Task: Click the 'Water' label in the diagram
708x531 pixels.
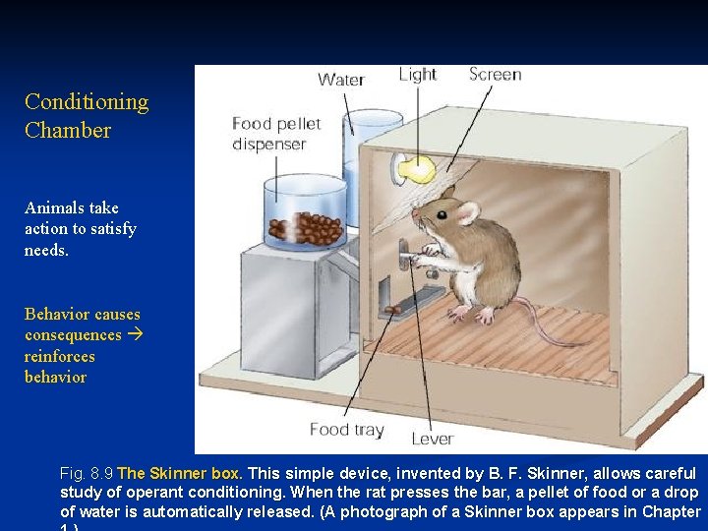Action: [x=340, y=80]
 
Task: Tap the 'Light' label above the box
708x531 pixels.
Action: [x=418, y=75]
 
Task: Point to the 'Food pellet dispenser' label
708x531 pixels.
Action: [x=276, y=134]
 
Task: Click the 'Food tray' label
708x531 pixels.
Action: [x=347, y=430]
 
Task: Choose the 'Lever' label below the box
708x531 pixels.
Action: [x=432, y=439]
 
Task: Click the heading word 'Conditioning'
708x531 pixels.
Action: [x=87, y=102]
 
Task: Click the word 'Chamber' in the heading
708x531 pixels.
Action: [x=68, y=131]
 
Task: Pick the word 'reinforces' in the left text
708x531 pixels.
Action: [x=60, y=356]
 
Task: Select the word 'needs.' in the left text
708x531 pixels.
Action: [x=46, y=250]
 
